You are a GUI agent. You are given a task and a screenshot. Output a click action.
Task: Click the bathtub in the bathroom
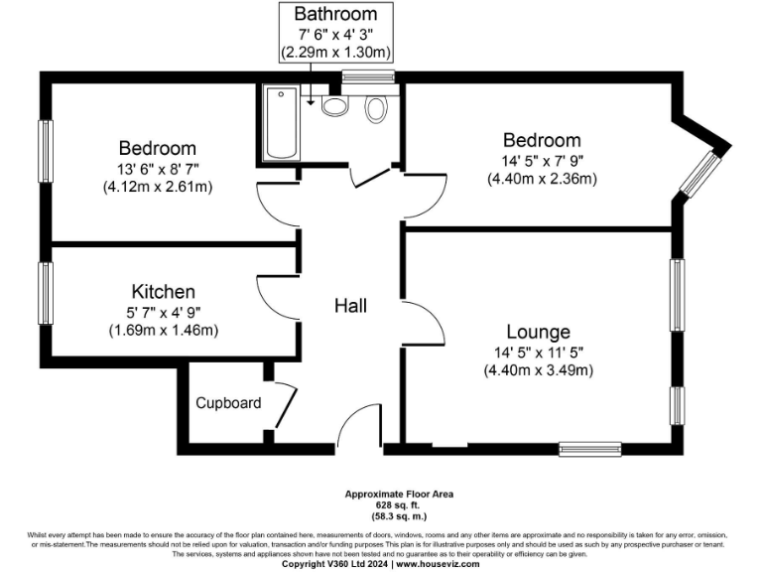coord(282,124)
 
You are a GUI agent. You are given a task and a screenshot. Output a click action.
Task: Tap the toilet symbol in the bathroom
coord(375,108)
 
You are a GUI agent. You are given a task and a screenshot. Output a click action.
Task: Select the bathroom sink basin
coord(335,104)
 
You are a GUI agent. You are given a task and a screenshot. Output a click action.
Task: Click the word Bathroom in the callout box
coord(335,14)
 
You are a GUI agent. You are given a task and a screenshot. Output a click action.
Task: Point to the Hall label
coord(350,306)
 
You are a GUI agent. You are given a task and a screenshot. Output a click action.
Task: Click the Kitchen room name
coord(163,292)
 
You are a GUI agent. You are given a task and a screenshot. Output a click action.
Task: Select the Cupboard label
coord(228,403)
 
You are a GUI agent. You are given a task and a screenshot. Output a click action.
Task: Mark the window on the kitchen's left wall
coord(45,292)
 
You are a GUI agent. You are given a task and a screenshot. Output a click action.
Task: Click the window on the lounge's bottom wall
coord(590,448)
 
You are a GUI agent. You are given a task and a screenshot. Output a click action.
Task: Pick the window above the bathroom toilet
coord(368,76)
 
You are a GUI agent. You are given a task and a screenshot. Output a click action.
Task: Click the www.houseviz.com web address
coord(438,564)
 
